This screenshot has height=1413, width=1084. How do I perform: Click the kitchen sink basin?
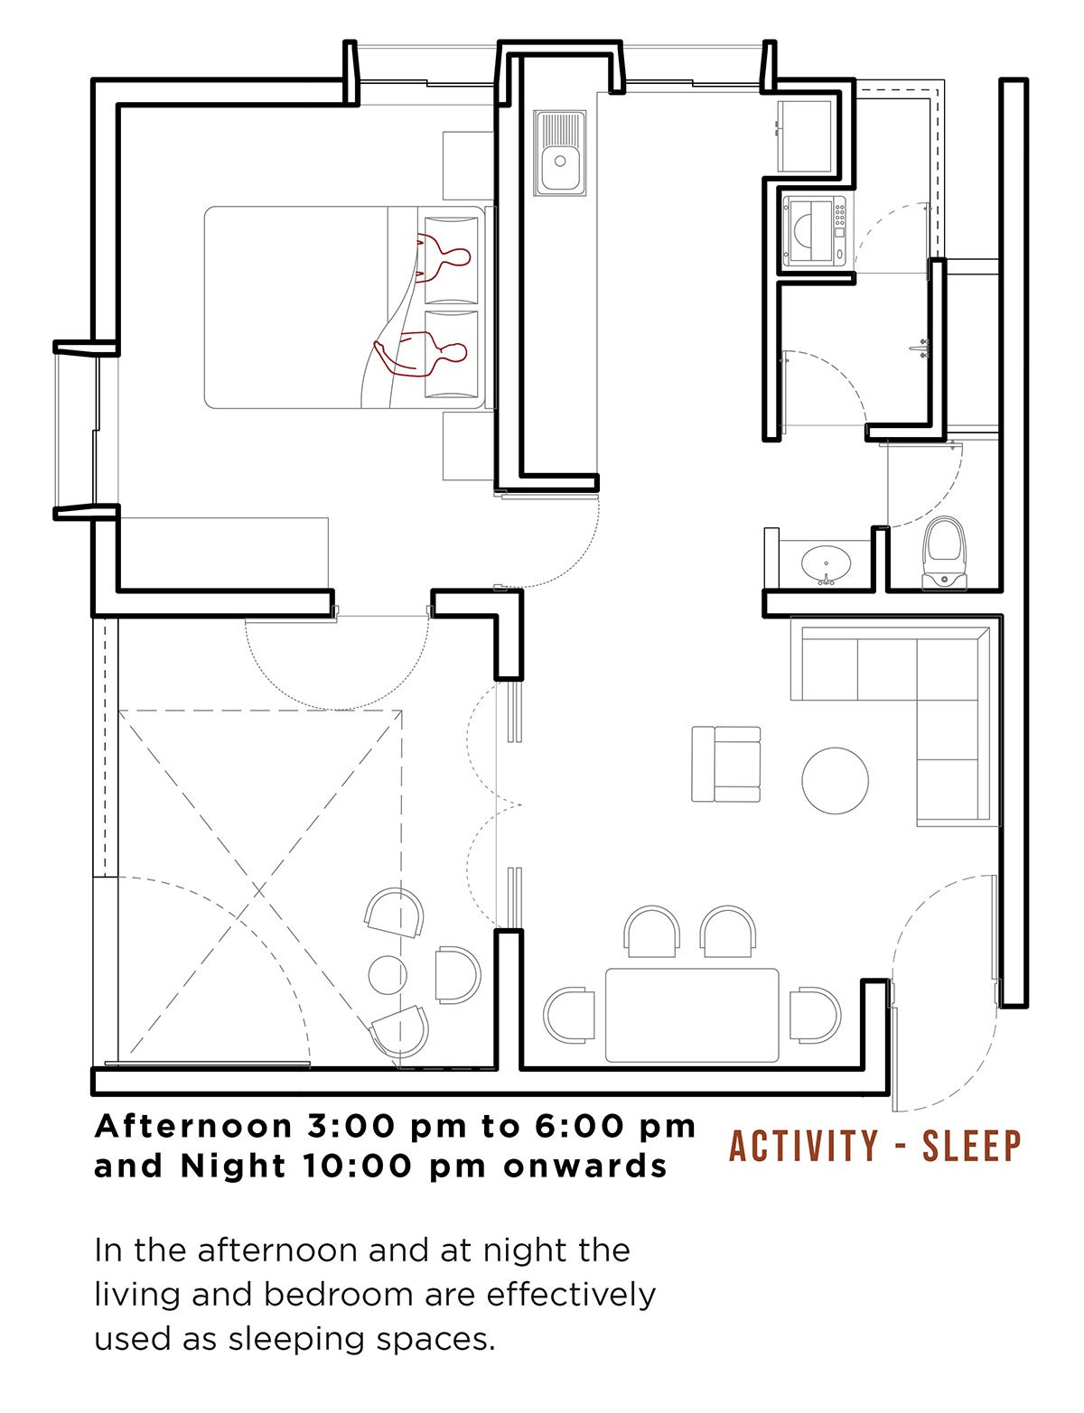click(x=558, y=160)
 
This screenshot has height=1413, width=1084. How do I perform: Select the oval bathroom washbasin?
click(x=825, y=563)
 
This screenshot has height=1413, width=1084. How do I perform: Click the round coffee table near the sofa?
click(x=835, y=780)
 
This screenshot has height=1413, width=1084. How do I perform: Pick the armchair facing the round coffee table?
click(x=725, y=764)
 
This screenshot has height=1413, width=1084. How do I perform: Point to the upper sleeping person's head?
click(x=458, y=256)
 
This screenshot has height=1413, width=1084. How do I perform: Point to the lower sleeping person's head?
click(x=456, y=352)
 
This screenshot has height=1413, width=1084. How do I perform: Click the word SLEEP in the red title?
click(x=971, y=1147)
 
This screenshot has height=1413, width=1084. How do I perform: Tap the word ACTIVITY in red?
click(x=802, y=1147)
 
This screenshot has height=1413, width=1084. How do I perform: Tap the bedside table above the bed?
click(x=468, y=165)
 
